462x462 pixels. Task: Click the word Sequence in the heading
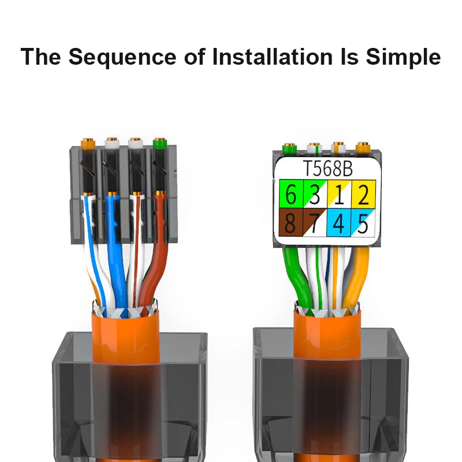click(x=122, y=57)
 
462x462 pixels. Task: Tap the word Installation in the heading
click(x=273, y=56)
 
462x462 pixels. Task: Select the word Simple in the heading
click(x=403, y=57)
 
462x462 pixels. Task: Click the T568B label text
click(x=327, y=169)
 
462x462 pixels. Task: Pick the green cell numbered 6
click(x=291, y=194)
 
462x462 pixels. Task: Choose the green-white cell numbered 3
click(x=315, y=194)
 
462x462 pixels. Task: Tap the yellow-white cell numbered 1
click(x=339, y=194)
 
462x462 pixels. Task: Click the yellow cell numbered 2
click(x=363, y=194)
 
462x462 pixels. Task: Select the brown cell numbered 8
click(x=291, y=222)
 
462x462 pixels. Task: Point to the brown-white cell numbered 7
click(x=315, y=222)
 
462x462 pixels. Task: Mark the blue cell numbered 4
click(x=339, y=222)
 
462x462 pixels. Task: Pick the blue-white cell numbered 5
click(x=363, y=222)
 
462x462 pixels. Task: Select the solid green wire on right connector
click(x=296, y=277)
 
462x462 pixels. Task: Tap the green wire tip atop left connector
click(x=160, y=143)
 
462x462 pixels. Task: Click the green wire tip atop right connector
click(x=290, y=148)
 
